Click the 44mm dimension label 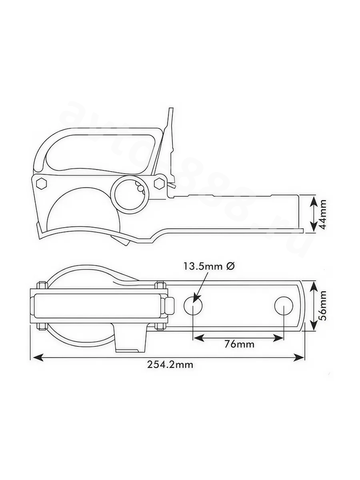[x=322, y=214]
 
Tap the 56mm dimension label [x=322, y=305]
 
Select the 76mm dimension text [x=239, y=345]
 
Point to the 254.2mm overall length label [x=170, y=365]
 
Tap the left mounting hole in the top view [x=193, y=305]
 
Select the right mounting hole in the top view [x=284, y=305]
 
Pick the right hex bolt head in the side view [x=159, y=183]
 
